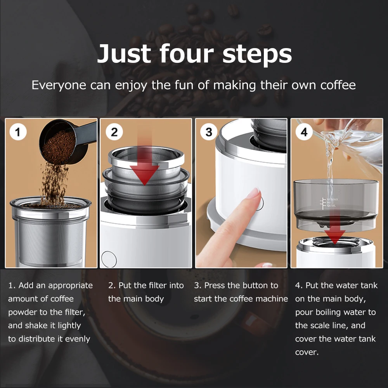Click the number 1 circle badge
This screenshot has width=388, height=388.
(18, 132)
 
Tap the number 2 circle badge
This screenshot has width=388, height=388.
(114, 132)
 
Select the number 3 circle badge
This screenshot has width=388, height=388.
(209, 132)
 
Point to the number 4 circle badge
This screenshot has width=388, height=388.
(304, 132)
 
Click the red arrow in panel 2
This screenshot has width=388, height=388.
(144, 163)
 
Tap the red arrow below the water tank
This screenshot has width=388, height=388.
(334, 230)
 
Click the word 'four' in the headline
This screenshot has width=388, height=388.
(187, 54)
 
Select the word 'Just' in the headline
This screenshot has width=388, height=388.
(124, 54)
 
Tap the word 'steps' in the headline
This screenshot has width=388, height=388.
(257, 55)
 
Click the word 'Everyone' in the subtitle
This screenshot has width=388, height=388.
(59, 85)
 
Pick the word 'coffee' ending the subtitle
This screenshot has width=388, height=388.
(338, 85)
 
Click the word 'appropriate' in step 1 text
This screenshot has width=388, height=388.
(71, 286)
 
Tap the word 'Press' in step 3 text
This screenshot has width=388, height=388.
(214, 285)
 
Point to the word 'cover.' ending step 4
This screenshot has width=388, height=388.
(307, 352)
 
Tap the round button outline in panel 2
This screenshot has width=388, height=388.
(109, 259)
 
